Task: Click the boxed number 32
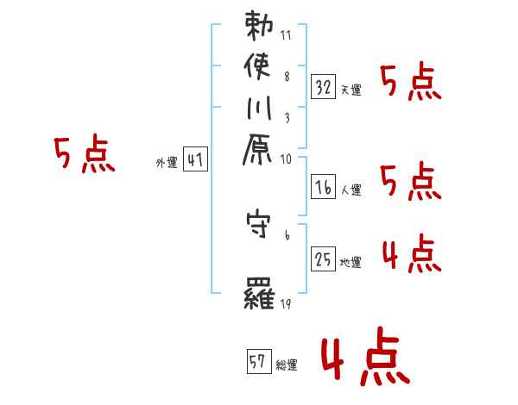(323, 86)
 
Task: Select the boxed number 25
(323, 259)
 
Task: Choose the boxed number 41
(196, 159)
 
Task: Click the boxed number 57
(258, 362)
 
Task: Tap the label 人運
(350, 188)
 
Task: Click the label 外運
(166, 162)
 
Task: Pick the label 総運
(287, 365)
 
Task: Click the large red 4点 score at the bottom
(362, 359)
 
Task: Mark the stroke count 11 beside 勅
(287, 36)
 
